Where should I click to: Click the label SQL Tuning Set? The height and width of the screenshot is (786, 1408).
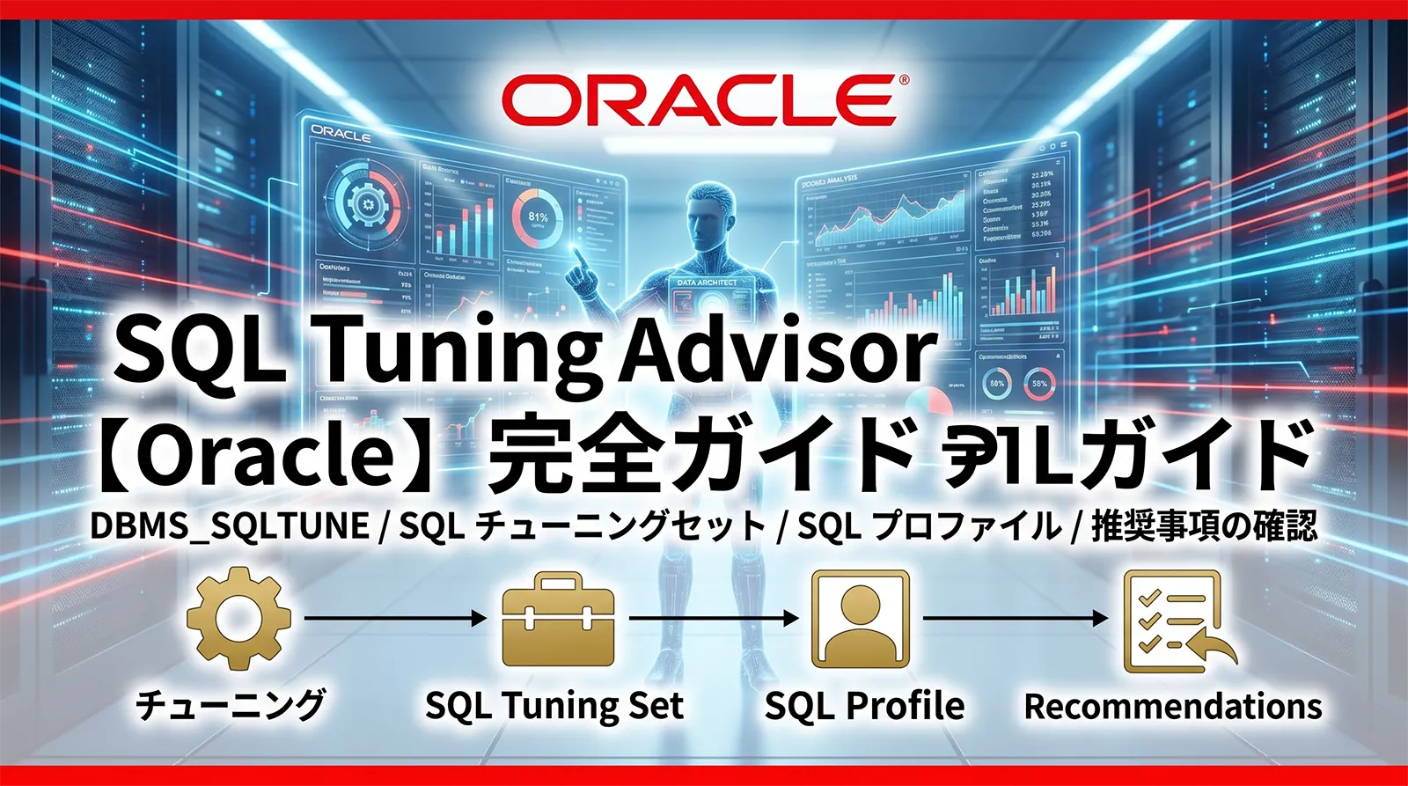[x=554, y=706]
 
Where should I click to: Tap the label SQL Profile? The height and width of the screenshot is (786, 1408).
[x=864, y=706]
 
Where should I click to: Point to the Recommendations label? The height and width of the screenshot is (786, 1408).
[x=1173, y=706]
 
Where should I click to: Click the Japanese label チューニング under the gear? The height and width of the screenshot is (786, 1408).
[x=231, y=705]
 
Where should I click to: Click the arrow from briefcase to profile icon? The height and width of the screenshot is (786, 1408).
[x=713, y=618]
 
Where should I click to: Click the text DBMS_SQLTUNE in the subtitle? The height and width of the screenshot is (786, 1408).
[x=230, y=526]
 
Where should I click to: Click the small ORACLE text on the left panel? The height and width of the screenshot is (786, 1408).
[x=341, y=135]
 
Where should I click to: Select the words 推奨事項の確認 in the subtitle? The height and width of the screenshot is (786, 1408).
[x=1204, y=526]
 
